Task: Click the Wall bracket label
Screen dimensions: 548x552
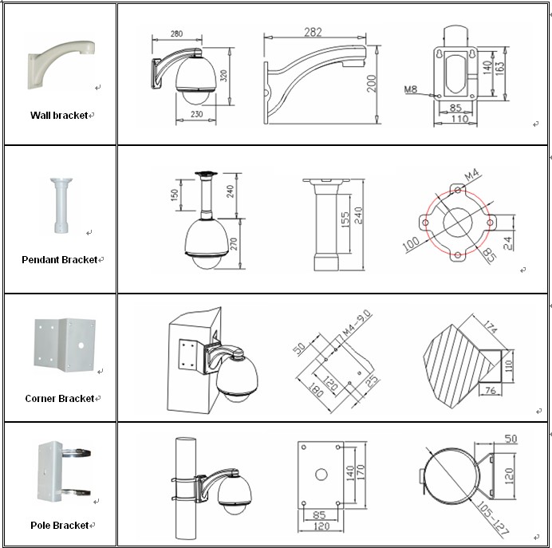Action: click(x=58, y=116)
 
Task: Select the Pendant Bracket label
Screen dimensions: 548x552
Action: click(x=59, y=260)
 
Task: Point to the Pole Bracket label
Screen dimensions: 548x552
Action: click(x=59, y=526)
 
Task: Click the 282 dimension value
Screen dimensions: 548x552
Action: click(x=313, y=31)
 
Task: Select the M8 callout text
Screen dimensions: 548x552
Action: click(x=411, y=90)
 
